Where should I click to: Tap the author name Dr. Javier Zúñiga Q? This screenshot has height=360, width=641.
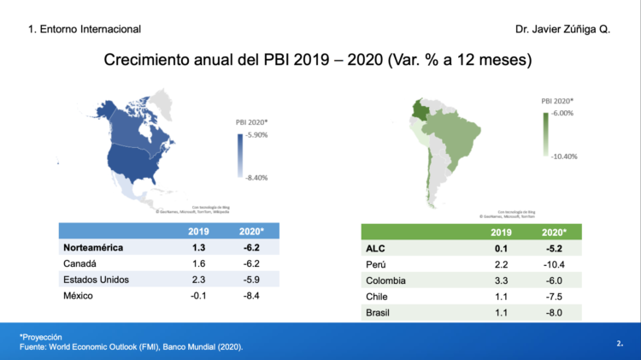coord(562,29)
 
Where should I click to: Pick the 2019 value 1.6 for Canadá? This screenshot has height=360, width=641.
coord(198,263)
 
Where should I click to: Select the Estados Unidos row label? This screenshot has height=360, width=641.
coord(96,280)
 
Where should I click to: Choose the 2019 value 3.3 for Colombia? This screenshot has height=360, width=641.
coord(502,280)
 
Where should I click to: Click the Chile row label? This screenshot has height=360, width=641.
coord(378,297)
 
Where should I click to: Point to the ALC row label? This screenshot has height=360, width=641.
coord(376,248)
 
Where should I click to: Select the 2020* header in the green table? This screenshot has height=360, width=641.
coord(554,232)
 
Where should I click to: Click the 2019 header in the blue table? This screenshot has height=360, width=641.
coord(198,231)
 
